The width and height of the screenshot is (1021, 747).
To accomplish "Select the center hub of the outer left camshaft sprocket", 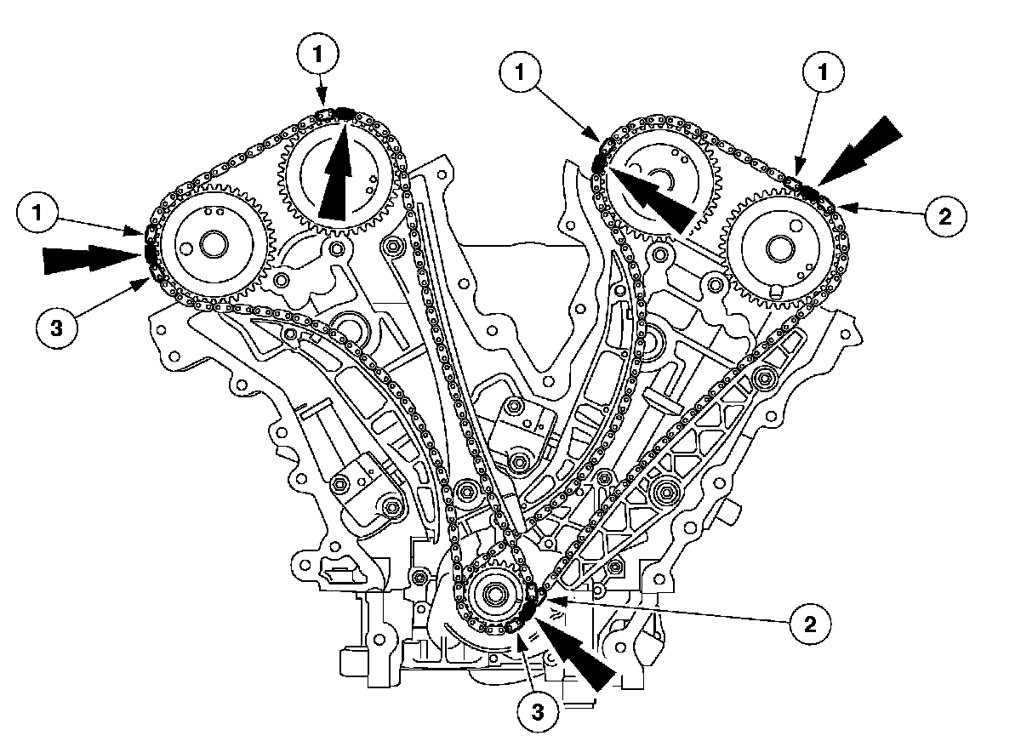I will (x=208, y=245).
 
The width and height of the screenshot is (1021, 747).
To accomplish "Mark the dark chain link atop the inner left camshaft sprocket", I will (x=339, y=112).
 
